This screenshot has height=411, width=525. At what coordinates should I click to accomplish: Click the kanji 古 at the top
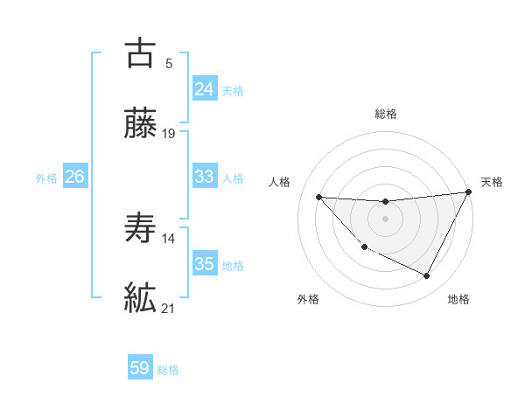[140, 52]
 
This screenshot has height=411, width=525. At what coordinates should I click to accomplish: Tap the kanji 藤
[140, 125]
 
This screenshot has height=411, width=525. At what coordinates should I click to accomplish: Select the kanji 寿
[140, 228]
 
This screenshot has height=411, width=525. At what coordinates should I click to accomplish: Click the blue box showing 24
[204, 89]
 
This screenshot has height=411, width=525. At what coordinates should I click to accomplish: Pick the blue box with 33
[204, 177]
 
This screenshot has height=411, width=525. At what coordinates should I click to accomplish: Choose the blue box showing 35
[204, 263]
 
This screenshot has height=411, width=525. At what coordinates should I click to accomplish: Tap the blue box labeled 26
[74, 177]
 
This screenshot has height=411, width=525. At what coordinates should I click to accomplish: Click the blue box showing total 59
[140, 368]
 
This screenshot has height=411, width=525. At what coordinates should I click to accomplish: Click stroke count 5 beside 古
[169, 63]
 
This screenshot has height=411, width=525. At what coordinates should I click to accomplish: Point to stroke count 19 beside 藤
[169, 135]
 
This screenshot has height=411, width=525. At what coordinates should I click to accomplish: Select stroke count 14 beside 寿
[169, 238]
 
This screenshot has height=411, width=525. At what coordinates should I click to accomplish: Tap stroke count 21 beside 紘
[169, 309]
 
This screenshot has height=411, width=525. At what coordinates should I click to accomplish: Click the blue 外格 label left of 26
[46, 178]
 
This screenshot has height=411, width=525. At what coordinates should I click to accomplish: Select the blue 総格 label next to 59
[168, 370]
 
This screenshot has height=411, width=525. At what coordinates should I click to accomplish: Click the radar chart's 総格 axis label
[385, 114]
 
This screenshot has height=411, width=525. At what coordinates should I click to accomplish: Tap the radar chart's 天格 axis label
[492, 182]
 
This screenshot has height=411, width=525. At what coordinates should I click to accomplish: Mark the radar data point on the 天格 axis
[468, 192]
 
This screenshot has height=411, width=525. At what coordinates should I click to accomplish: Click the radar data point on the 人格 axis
[318, 197]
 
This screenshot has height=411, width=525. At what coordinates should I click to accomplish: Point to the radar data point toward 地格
[427, 276]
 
